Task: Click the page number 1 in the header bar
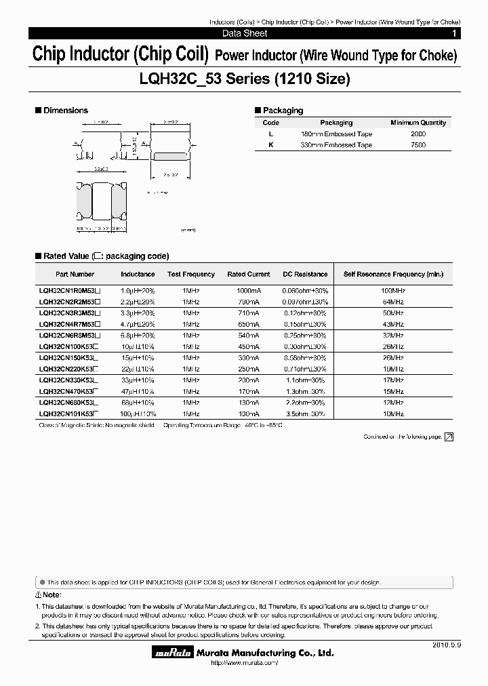coord(454,33)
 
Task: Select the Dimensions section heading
coord(66,110)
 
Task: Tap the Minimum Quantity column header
coord(418,123)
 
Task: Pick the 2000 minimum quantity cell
coord(418,134)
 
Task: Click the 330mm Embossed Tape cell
coord(336,145)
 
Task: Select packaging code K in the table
coord(270,145)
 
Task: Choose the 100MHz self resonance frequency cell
coord(393,290)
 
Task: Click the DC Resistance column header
coord(305,275)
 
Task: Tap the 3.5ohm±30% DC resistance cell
coord(305,413)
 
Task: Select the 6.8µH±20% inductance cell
coord(138,335)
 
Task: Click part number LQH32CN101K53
coord(66,413)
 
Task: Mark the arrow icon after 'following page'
coord(449,437)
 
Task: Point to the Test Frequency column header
coord(190,275)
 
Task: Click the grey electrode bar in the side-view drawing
coord(169,155)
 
